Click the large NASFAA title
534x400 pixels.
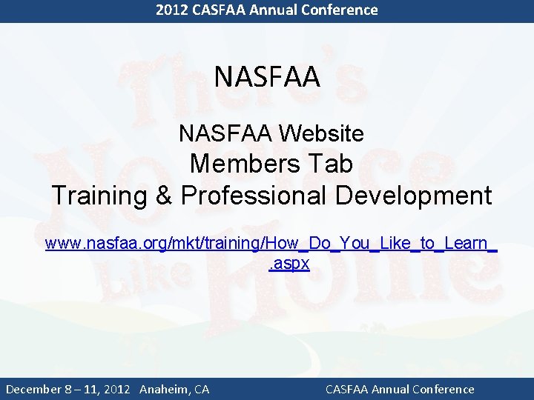tap(267, 77)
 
